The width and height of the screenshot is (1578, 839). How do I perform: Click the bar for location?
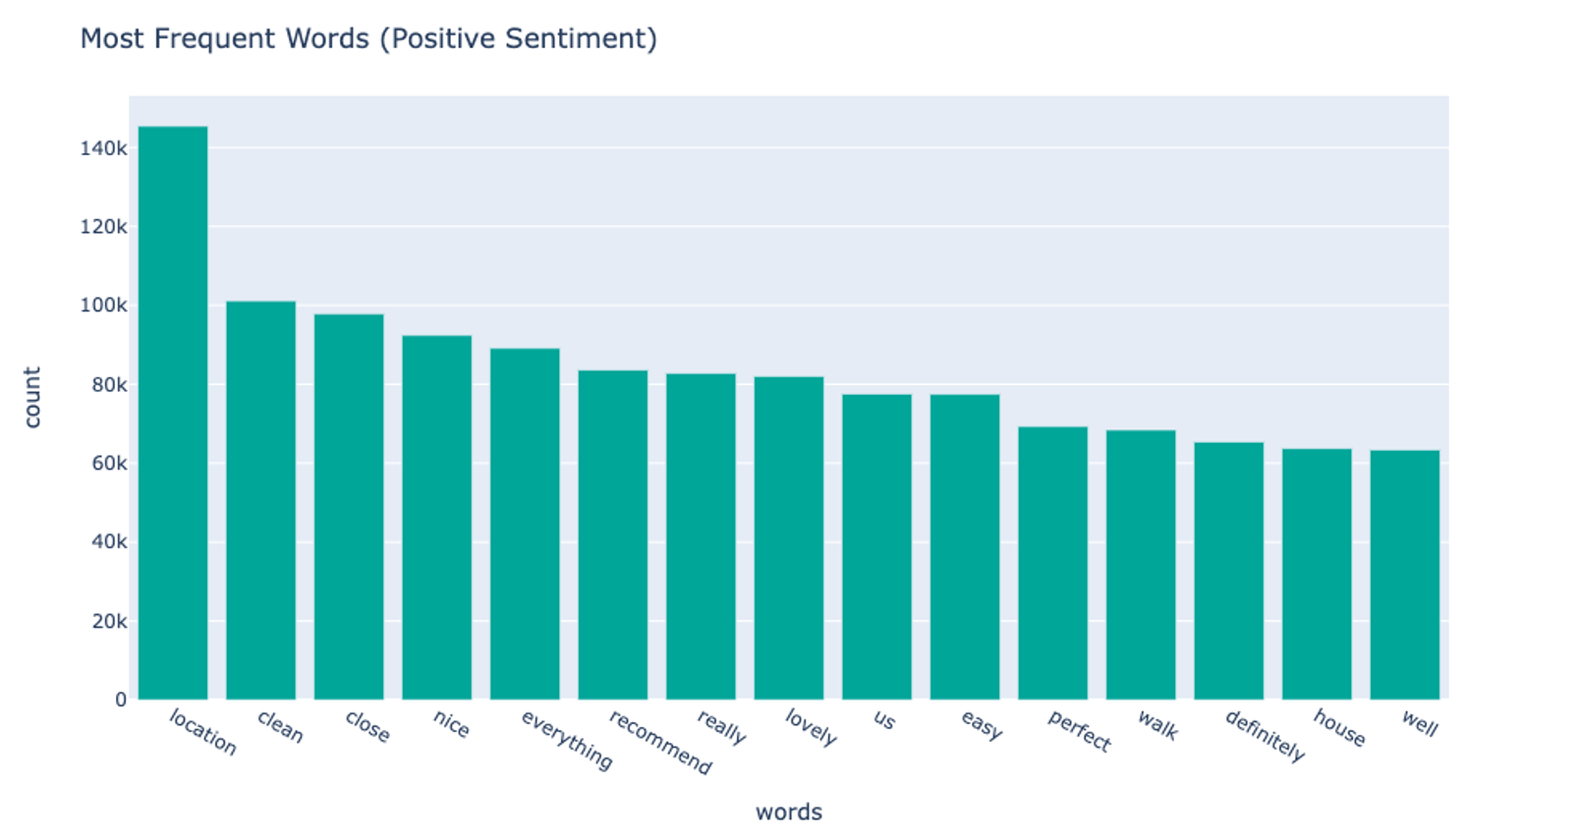173,413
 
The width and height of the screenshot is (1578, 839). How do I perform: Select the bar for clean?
260,500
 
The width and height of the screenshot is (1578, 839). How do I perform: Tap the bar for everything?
525,524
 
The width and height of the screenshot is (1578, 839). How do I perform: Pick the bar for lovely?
789,537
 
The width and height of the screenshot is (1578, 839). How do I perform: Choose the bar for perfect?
1052,563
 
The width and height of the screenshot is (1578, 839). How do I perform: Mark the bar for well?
1404,575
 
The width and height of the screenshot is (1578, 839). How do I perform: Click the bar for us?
876,546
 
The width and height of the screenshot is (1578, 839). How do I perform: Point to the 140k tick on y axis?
103,148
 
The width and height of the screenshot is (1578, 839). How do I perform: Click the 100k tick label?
103,306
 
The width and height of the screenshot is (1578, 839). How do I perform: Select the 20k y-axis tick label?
108,621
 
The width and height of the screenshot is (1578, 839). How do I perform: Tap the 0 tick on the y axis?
121,699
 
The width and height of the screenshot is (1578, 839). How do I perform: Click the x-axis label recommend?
660,742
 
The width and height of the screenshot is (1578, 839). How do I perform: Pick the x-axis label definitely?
1265,736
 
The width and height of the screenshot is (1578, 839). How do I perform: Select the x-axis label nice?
452,724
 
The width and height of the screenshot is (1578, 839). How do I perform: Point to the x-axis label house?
1339,728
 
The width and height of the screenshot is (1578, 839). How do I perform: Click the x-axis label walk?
1157,725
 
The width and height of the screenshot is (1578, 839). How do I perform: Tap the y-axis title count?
32,398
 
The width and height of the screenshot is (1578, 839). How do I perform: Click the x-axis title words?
788,812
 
